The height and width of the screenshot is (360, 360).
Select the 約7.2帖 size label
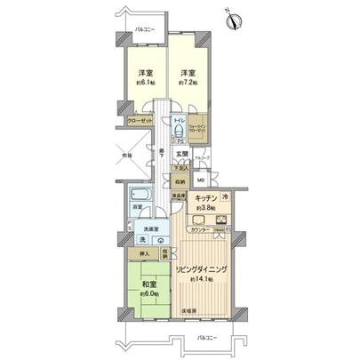click(x=188, y=82)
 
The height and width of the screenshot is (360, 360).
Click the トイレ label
click(x=178, y=119)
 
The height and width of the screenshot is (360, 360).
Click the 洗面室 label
click(x=146, y=227)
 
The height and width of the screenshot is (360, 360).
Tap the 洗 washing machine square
click(x=142, y=240)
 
